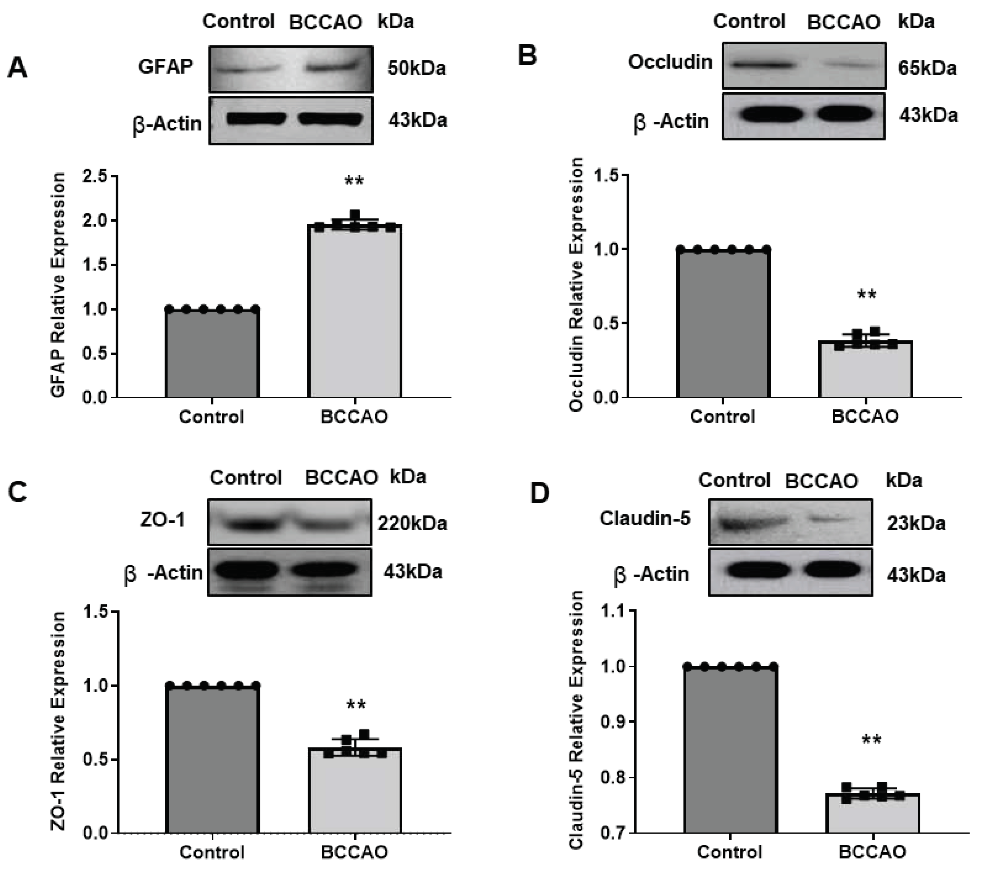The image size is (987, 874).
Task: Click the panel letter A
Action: click(x=17, y=68)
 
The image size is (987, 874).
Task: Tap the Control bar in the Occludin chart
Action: click(x=723, y=323)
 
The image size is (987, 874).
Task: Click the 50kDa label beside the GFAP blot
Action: click(x=416, y=69)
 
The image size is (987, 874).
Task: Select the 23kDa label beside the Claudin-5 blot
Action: click(x=916, y=523)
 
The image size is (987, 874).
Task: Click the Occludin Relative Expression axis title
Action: click(x=576, y=285)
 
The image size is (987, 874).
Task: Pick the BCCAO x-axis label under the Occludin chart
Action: click(x=865, y=416)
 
